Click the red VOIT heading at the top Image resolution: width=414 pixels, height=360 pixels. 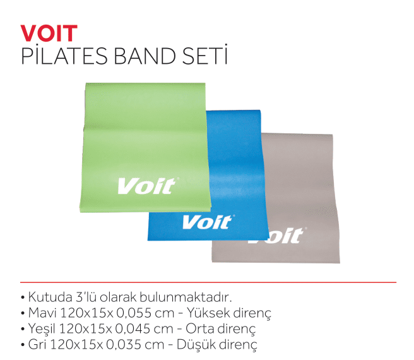(x=49, y=33)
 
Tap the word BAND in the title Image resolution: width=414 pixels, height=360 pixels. (x=145, y=56)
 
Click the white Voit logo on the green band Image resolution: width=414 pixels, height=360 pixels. (x=146, y=186)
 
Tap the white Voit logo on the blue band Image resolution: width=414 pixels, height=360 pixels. (x=207, y=222)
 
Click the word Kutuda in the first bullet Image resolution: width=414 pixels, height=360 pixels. (x=50, y=297)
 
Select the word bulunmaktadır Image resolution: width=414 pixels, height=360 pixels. (x=186, y=297)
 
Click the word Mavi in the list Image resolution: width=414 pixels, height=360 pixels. (x=42, y=313)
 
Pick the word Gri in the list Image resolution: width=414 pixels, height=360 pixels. (x=37, y=344)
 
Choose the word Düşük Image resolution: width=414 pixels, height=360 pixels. (x=196, y=344)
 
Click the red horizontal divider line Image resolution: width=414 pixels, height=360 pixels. (x=208, y=282)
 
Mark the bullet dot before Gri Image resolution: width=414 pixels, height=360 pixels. (x=23, y=345)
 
